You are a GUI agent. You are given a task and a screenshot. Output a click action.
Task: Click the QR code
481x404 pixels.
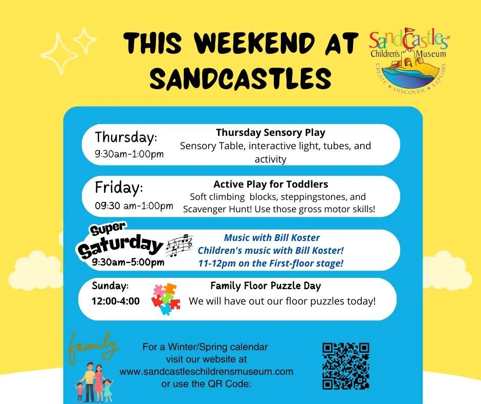(x=345, y=366)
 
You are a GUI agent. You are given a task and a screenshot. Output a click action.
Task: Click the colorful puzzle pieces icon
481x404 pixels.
(x=166, y=299)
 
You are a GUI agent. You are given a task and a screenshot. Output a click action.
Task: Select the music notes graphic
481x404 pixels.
(x=179, y=246)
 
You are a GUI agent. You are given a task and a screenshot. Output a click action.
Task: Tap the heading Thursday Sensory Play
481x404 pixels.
(x=270, y=133)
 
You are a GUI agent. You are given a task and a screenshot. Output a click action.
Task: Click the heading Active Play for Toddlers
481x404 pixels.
(x=271, y=184)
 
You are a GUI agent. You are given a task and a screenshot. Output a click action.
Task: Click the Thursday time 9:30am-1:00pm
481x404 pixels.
(x=129, y=154)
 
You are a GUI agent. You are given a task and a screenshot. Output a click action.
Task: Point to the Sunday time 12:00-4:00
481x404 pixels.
(x=116, y=301)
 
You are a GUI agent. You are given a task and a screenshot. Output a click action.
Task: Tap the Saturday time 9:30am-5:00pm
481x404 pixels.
(x=128, y=262)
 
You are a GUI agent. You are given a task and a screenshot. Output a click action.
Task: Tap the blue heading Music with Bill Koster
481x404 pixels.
(x=271, y=238)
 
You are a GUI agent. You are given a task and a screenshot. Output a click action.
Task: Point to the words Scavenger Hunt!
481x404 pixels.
(x=215, y=209)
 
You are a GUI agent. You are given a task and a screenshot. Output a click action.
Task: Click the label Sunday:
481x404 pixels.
(x=110, y=285)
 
